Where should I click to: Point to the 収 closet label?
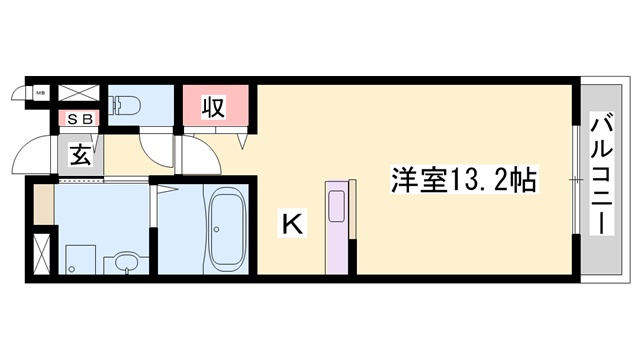[213, 104]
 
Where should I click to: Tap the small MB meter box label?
[42, 93]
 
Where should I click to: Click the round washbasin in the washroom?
[125, 263]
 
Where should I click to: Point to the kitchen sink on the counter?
[337, 206]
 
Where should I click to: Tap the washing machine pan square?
[78, 258]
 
